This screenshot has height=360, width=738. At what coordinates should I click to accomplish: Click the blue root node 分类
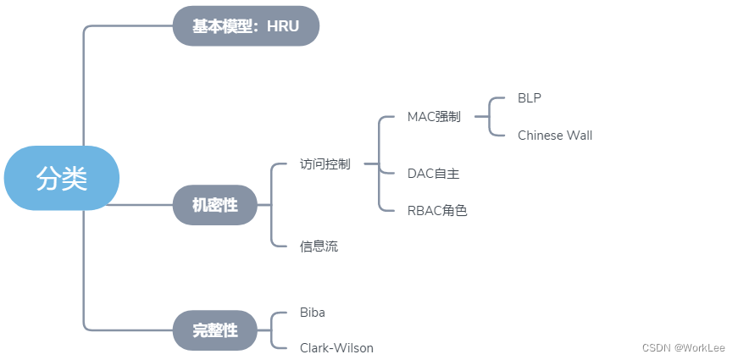(x=62, y=178)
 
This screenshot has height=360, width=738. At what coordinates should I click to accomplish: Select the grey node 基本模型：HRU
(x=246, y=25)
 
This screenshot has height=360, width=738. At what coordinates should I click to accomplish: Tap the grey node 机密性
(x=214, y=204)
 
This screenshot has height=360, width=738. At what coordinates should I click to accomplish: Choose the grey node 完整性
(x=214, y=330)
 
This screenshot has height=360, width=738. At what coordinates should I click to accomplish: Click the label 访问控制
(x=325, y=164)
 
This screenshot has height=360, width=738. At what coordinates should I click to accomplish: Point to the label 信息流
(x=319, y=246)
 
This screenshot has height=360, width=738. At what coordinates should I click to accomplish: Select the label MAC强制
(x=434, y=117)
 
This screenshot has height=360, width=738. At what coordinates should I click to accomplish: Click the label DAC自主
(x=433, y=173)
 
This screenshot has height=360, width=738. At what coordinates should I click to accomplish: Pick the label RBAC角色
(x=437, y=210)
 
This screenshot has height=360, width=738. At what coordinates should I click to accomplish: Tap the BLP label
(x=530, y=98)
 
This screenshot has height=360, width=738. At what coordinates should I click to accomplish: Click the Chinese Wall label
(x=555, y=136)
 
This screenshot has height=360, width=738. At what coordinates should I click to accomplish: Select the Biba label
(x=313, y=313)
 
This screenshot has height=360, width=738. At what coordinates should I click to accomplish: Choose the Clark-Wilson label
(x=336, y=348)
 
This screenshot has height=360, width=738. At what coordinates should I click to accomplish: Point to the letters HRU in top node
(x=283, y=25)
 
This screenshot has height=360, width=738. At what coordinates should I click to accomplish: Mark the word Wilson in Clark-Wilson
(x=353, y=348)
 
